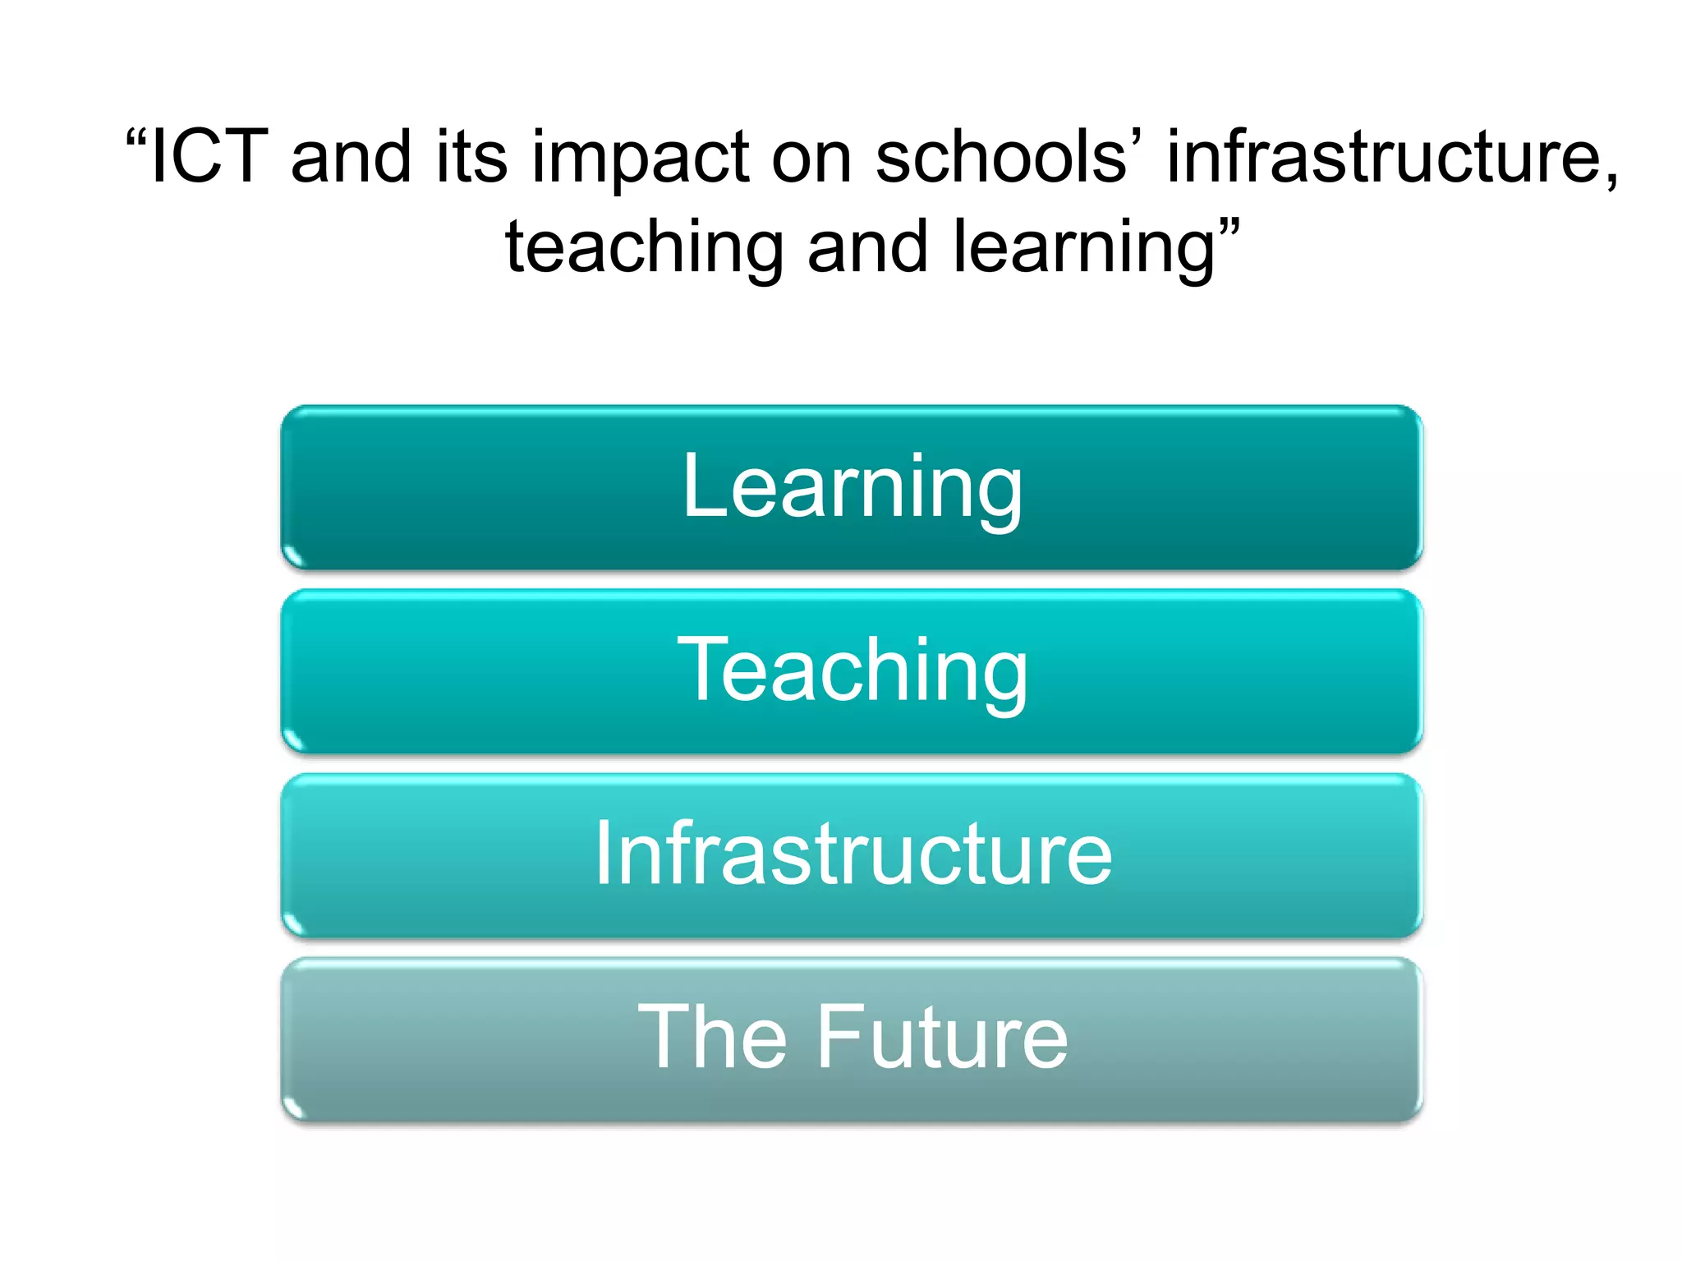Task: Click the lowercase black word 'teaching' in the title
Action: click(x=644, y=248)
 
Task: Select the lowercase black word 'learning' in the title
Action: click(x=1083, y=248)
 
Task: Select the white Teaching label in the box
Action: click(x=852, y=671)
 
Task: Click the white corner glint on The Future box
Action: click(x=294, y=1109)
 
